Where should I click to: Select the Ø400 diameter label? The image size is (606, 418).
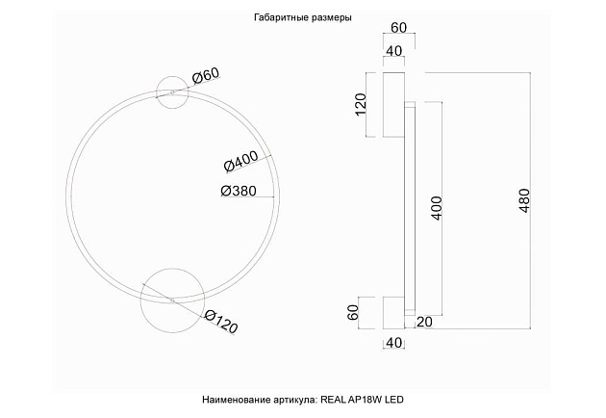pyautogui.click(x=239, y=162)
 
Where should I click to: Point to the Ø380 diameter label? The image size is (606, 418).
pyautogui.click(x=239, y=191)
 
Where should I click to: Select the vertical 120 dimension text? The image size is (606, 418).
pyautogui.click(x=362, y=104)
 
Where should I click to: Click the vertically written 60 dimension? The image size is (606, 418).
pyautogui.click(x=355, y=312)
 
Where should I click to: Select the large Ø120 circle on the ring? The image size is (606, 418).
pyautogui.click(x=172, y=300)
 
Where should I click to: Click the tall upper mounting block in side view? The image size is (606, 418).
pyautogui.click(x=393, y=105)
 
